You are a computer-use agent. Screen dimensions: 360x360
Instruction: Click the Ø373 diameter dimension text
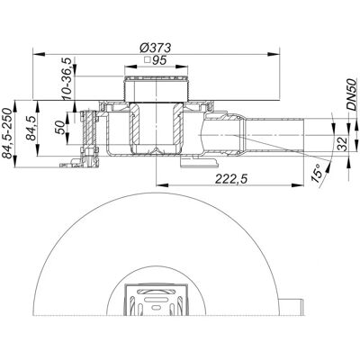[156, 48]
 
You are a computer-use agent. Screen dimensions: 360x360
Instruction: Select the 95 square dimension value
[159, 60]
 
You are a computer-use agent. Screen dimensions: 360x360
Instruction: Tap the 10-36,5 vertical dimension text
[67, 78]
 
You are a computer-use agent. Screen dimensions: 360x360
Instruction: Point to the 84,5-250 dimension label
[7, 133]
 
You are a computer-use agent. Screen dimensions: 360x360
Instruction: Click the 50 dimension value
[60, 128]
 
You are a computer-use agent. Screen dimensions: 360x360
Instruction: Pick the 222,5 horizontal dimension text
[231, 179]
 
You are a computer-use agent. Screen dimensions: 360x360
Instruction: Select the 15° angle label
[319, 174]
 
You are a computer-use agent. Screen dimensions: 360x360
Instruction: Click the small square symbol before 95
[147, 60]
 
